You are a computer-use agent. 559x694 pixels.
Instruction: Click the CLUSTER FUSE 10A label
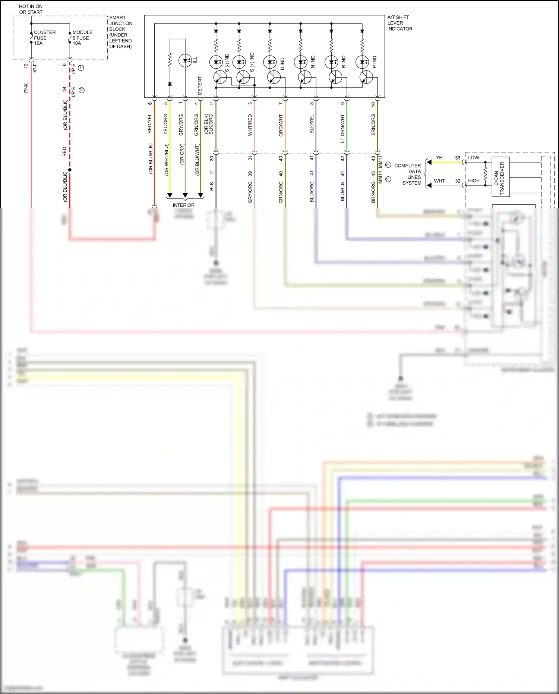(44, 38)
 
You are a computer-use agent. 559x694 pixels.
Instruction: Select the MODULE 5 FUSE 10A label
(82, 38)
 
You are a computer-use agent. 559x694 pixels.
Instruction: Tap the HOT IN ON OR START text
(31, 9)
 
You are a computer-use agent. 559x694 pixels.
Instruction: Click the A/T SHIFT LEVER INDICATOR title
(399, 23)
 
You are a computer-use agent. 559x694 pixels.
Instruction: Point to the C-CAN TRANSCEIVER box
(500, 176)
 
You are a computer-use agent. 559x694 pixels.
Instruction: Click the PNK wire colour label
(26, 88)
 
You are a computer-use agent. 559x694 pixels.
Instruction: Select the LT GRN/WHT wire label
(342, 129)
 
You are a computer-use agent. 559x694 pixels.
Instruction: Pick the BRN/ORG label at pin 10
(373, 125)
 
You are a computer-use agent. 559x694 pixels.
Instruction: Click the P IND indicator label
(375, 62)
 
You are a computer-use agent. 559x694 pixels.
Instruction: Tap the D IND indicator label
(282, 63)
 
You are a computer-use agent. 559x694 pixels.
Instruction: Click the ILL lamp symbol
(185, 60)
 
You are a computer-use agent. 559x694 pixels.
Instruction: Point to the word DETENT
(200, 86)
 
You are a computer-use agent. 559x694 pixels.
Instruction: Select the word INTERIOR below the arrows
(183, 205)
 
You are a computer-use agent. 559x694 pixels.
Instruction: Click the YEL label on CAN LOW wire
(440, 158)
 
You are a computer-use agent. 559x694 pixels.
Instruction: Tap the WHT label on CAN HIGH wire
(439, 181)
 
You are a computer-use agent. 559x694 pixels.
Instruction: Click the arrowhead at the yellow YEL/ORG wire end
(170, 195)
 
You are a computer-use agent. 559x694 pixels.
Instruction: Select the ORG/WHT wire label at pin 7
(281, 125)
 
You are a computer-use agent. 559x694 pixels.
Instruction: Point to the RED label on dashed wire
(64, 151)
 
